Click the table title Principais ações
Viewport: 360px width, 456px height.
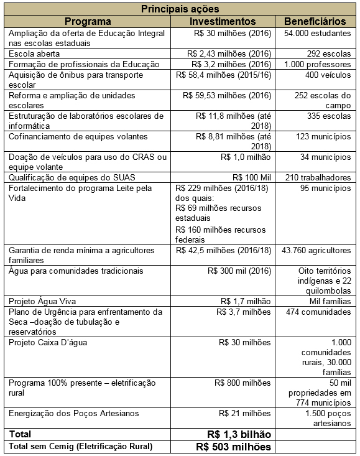180,9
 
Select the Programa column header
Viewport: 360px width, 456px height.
88,21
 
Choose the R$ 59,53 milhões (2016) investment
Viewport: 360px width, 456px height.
227,96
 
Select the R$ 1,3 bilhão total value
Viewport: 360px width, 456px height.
239,434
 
